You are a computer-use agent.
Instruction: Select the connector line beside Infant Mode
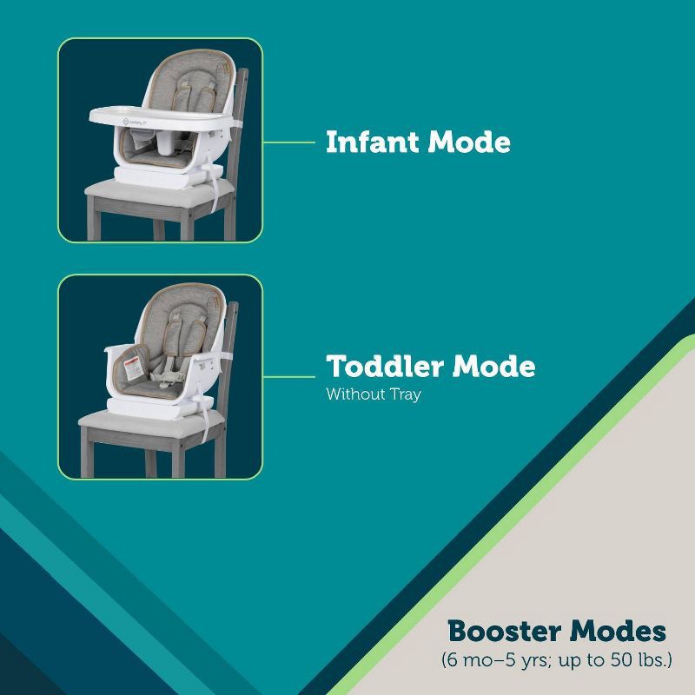tap(288, 141)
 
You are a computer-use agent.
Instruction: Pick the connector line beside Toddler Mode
tap(288, 377)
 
